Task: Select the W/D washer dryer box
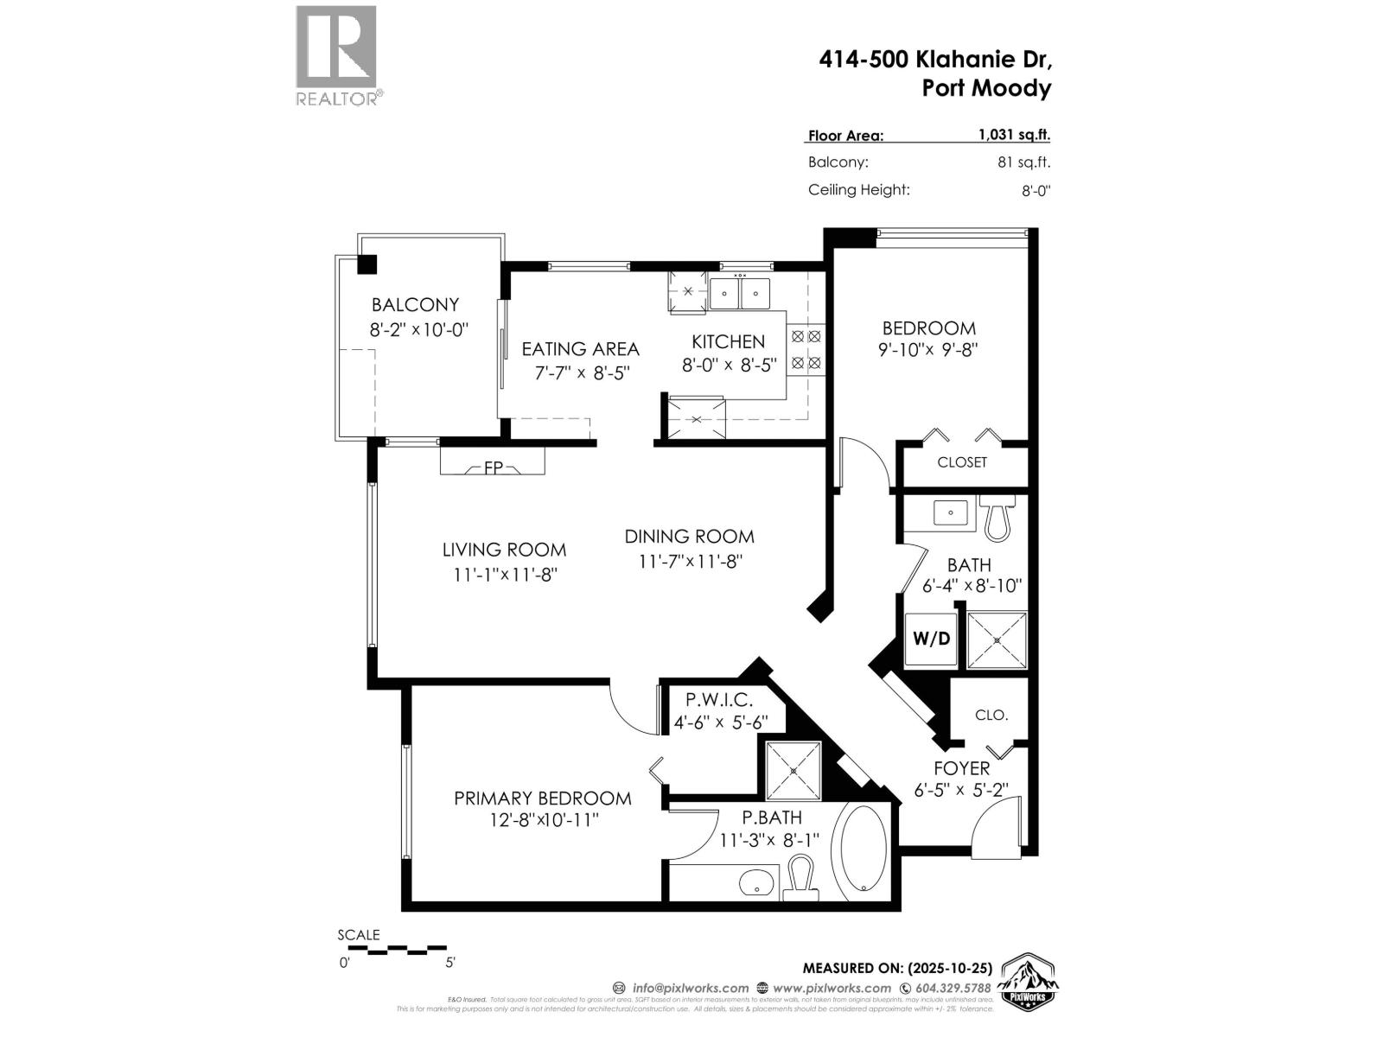[931, 639]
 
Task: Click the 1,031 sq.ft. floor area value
[1014, 135]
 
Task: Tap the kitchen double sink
[739, 294]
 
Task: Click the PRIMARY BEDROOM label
[542, 798]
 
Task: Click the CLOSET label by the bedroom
[961, 462]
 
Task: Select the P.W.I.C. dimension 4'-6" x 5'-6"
[719, 722]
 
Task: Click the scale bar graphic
[396, 949]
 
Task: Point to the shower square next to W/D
[997, 640]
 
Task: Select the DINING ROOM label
[689, 537]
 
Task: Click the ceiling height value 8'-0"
[1036, 191]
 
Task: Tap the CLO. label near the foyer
[991, 716]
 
